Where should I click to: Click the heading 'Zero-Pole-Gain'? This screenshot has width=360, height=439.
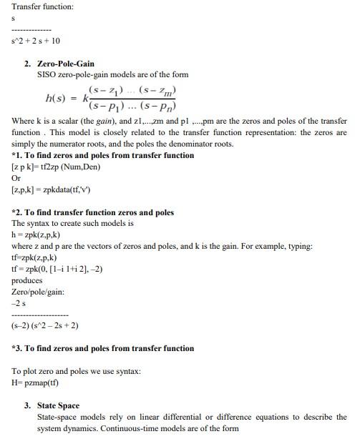[65, 64]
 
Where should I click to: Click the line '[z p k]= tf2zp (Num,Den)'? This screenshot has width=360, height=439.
[56, 167]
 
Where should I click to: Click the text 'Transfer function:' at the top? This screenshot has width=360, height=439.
[42, 6]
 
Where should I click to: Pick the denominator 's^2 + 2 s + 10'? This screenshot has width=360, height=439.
[36, 40]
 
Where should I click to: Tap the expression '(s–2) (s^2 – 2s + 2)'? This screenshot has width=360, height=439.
[45, 325]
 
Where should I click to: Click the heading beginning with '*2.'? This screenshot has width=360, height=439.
[93, 212]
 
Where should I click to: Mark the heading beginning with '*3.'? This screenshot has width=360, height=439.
[103, 348]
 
